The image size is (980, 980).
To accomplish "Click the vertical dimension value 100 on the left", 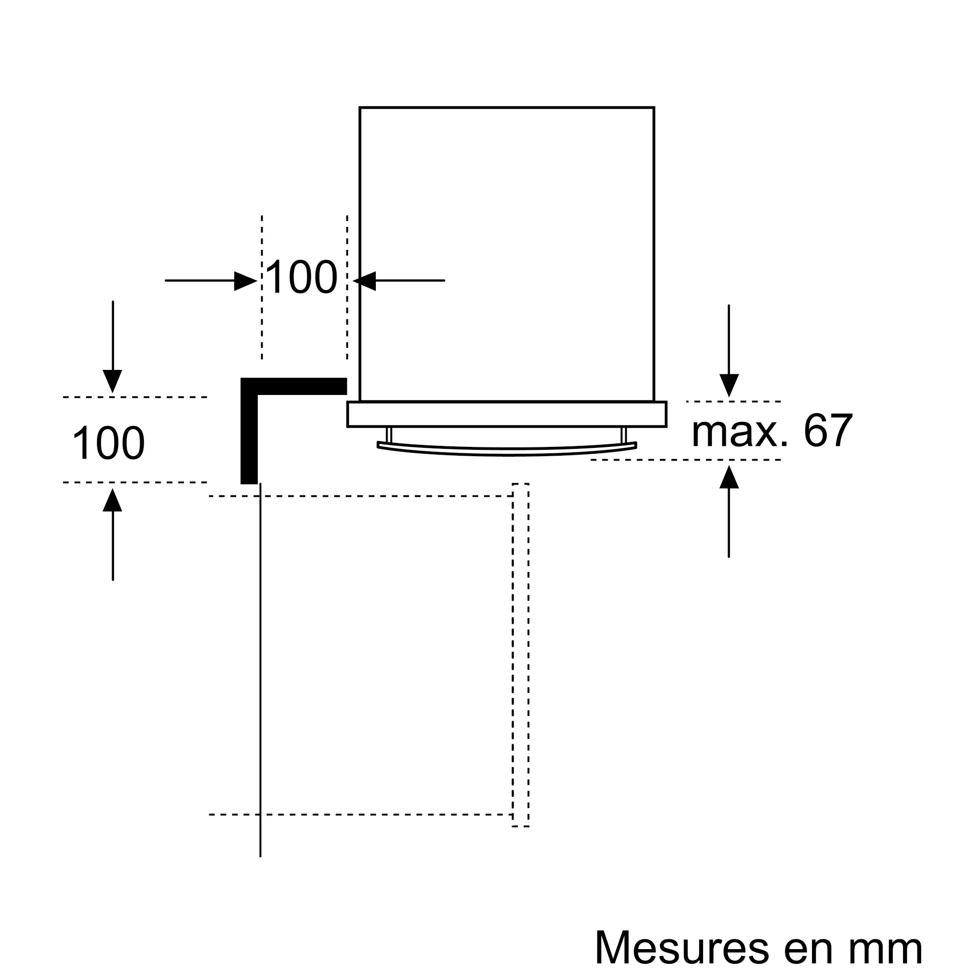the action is click(x=109, y=443).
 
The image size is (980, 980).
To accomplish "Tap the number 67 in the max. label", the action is click(x=828, y=431).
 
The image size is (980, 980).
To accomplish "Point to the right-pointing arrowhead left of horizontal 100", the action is click(x=245, y=281).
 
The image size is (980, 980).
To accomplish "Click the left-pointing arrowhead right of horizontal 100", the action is click(x=364, y=281).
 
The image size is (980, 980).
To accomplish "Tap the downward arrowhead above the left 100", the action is click(x=113, y=381).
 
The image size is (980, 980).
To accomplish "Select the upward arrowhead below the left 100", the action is click(x=113, y=500).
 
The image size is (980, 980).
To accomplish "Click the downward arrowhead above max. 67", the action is click(x=729, y=386).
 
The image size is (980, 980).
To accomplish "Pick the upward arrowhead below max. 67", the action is click(x=729, y=477).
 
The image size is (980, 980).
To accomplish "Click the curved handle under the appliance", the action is click(x=507, y=448).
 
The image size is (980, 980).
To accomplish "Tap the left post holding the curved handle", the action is click(x=389, y=435).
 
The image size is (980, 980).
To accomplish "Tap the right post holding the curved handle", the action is click(x=624, y=435).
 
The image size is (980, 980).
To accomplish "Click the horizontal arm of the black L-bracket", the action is click(x=294, y=386).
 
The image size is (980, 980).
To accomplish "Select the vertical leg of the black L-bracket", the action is click(x=249, y=431).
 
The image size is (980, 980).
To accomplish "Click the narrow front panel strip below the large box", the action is click(x=507, y=415).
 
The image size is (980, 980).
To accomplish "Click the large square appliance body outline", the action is click(x=507, y=254).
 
